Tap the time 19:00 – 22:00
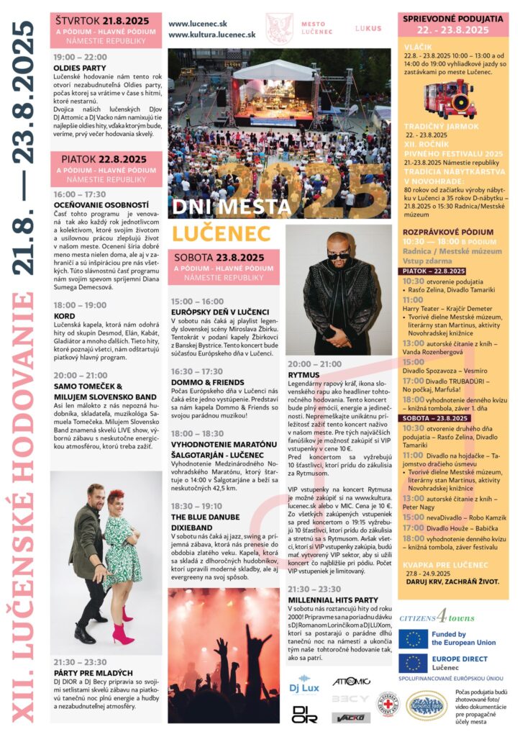point(80,57)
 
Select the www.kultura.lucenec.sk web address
point(212,34)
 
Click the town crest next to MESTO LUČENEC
point(279,28)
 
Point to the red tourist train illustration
point(450,99)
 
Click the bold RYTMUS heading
point(304,374)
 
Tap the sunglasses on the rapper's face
point(339,254)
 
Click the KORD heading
point(65,315)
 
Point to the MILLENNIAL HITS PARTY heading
point(333,599)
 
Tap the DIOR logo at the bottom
point(304,714)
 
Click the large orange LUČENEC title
point(222,233)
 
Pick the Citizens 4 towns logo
point(437,617)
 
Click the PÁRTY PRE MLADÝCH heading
point(88,662)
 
